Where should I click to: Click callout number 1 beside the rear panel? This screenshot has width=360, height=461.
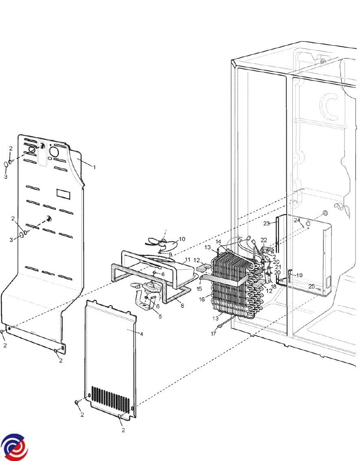94,167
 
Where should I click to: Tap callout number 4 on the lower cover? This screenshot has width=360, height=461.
141,334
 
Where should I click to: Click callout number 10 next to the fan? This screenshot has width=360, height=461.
182,239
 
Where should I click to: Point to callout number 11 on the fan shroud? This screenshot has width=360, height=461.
187,259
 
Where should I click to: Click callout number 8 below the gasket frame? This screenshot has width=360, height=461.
182,306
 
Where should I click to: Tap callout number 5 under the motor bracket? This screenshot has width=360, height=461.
160,316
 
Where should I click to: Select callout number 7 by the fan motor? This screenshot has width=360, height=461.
160,299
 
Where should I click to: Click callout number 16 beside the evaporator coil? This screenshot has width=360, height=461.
202,299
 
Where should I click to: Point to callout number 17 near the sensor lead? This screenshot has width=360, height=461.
213,334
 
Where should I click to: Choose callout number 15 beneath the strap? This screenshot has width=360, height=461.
199,289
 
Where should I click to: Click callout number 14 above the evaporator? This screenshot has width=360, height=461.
218,241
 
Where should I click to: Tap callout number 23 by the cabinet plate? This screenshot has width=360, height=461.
266,224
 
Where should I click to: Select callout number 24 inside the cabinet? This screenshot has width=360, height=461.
297,220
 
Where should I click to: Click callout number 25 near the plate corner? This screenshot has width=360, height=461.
312,286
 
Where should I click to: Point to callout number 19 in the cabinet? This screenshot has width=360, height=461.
299,275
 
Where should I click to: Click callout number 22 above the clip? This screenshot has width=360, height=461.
264,240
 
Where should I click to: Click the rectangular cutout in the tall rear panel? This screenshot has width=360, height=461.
64,194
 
